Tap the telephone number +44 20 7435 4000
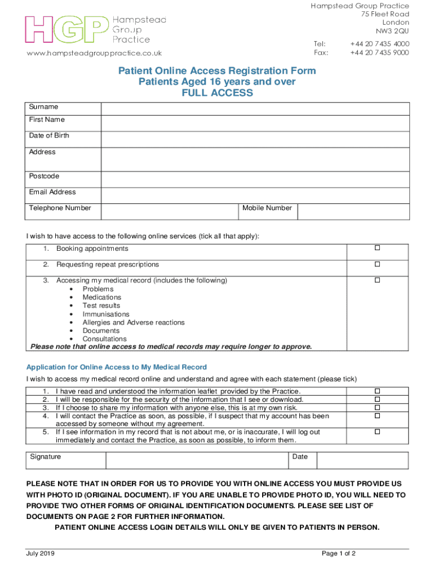point(379,43)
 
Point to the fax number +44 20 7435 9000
point(379,52)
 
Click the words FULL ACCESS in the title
point(217,93)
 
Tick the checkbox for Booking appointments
point(378,248)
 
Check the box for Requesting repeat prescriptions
point(378,264)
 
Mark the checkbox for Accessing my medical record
point(378,279)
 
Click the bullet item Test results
point(101,305)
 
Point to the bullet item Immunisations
point(106,314)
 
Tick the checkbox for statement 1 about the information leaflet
point(378,390)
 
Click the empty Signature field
point(197,460)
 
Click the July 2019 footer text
point(41,553)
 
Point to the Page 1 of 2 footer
point(339,553)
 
